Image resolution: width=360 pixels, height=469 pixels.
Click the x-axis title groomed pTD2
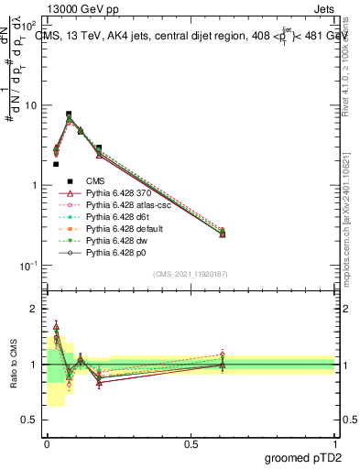point(303,456)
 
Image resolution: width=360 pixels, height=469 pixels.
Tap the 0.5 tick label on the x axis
point(191,443)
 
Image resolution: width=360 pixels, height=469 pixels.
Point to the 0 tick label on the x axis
point(46,443)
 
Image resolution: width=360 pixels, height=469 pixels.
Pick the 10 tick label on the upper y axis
point(30,105)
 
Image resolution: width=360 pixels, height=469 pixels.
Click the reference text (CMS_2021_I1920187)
point(191,274)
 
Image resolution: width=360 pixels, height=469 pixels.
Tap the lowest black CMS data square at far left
point(56,164)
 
